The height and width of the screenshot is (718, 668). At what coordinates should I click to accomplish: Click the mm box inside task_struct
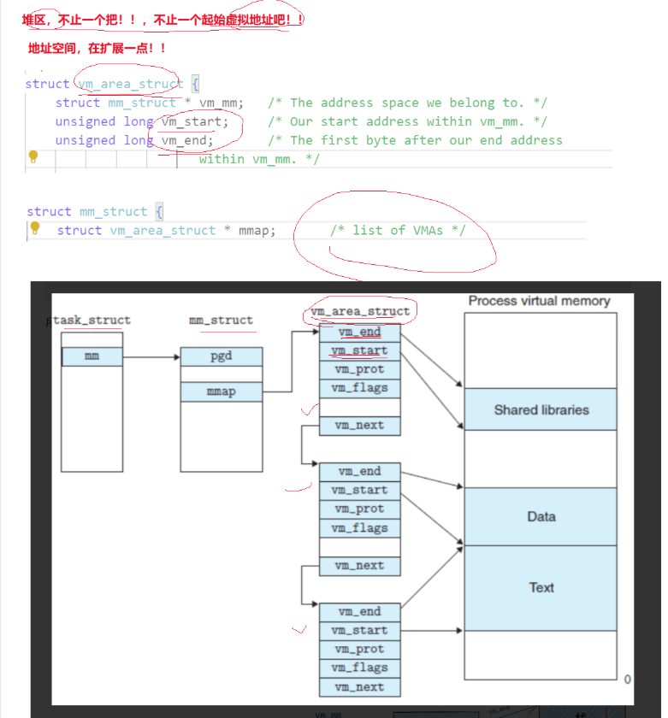click(92, 356)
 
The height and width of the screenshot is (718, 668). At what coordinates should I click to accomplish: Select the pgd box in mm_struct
click(221, 356)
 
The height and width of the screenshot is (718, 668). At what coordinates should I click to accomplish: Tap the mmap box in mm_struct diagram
click(221, 392)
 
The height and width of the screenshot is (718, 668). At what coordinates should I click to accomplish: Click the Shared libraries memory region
click(541, 409)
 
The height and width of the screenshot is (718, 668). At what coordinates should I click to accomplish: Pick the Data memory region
click(541, 516)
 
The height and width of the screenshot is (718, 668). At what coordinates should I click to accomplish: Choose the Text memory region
click(541, 587)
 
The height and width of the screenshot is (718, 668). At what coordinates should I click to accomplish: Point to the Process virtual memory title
click(539, 301)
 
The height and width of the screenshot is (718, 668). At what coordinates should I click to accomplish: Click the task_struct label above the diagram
click(92, 321)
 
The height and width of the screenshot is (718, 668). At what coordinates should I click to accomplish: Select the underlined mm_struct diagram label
click(221, 321)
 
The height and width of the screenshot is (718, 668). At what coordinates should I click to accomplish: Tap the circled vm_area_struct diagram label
click(360, 311)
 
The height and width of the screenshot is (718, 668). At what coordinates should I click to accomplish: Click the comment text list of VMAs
click(398, 230)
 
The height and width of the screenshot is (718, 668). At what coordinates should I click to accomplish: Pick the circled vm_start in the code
click(195, 121)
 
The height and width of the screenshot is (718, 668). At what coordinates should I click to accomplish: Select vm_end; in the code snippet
click(187, 140)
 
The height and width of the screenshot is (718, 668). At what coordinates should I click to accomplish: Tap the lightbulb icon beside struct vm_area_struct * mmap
click(35, 229)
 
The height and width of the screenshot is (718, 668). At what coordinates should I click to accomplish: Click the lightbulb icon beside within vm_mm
click(34, 157)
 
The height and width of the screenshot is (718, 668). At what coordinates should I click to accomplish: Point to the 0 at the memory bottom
click(627, 680)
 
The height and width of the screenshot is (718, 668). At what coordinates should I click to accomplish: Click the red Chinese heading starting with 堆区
click(163, 19)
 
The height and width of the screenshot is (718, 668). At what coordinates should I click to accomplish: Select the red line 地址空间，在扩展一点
click(97, 48)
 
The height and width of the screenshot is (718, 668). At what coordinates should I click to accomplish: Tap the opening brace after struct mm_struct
click(159, 211)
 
